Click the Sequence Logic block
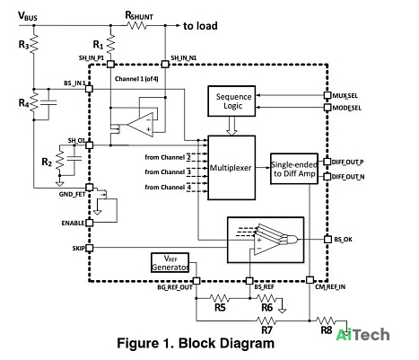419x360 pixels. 231,101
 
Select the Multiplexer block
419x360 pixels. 231,168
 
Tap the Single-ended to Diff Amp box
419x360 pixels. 294,169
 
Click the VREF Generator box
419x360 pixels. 170,263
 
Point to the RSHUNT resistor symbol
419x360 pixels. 137,26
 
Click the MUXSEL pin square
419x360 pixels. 327,95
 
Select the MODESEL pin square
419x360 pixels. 327,107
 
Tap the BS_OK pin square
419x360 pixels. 327,240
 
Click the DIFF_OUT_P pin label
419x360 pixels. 348,162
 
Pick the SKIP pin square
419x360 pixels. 90,248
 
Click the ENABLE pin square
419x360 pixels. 90,223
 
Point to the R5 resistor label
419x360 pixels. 220,308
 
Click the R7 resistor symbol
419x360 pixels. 266,320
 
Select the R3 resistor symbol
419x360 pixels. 34,43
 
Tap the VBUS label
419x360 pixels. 28,16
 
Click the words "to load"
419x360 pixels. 200,26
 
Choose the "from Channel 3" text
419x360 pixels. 168,172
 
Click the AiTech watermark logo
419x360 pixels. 362,335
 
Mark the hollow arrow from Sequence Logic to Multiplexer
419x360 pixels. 231,126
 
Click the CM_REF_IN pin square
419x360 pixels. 310,280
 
